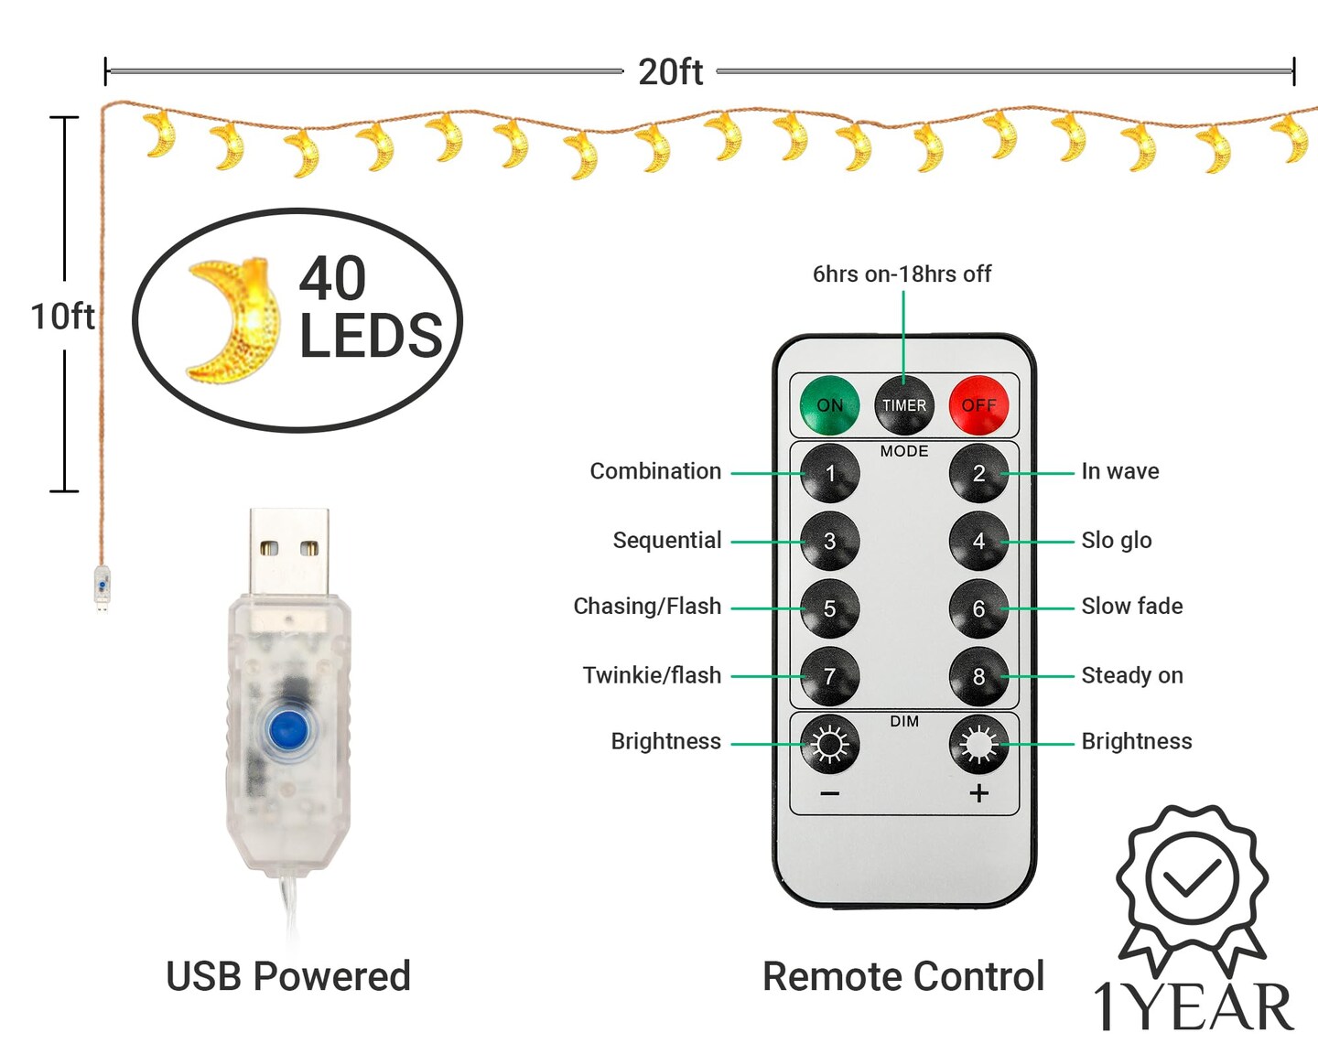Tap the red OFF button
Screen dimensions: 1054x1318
[978, 404]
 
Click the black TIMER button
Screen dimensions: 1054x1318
[904, 404]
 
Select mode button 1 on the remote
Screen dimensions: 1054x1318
[830, 473]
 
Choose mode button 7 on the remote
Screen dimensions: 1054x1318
[830, 676]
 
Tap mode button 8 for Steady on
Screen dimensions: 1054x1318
[978, 676]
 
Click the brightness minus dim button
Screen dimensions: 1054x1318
[830, 745]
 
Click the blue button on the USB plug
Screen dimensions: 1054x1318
[287, 730]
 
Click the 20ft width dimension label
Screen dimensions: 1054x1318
[670, 71]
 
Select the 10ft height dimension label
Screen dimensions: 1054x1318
[62, 317]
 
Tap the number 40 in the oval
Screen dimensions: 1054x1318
[333, 278]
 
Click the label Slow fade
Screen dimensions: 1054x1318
[1131, 607]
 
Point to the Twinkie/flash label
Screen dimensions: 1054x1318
[652, 676]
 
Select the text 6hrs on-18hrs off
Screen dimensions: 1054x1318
[902, 274]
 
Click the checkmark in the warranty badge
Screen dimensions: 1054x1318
[1192, 877]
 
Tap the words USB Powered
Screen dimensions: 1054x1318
[288, 976]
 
